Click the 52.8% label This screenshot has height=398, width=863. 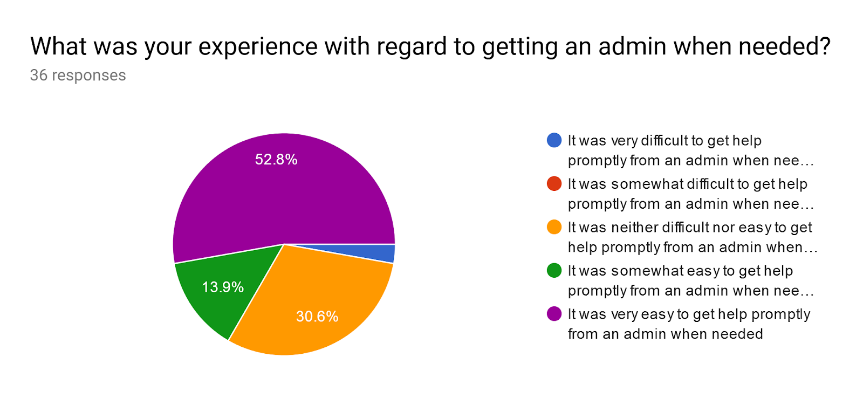pyautogui.click(x=276, y=160)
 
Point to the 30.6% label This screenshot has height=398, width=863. pyautogui.click(x=317, y=317)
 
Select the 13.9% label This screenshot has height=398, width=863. pyautogui.click(x=223, y=287)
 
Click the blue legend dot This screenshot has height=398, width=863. pyautogui.click(x=554, y=140)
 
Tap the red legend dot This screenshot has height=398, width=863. pyautogui.click(x=554, y=184)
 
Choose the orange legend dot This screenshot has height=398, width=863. pyautogui.click(x=554, y=227)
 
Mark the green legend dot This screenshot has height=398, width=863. pyautogui.click(x=554, y=271)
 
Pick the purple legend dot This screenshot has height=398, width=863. pyautogui.click(x=554, y=314)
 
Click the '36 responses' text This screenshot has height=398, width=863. pyautogui.click(x=78, y=76)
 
